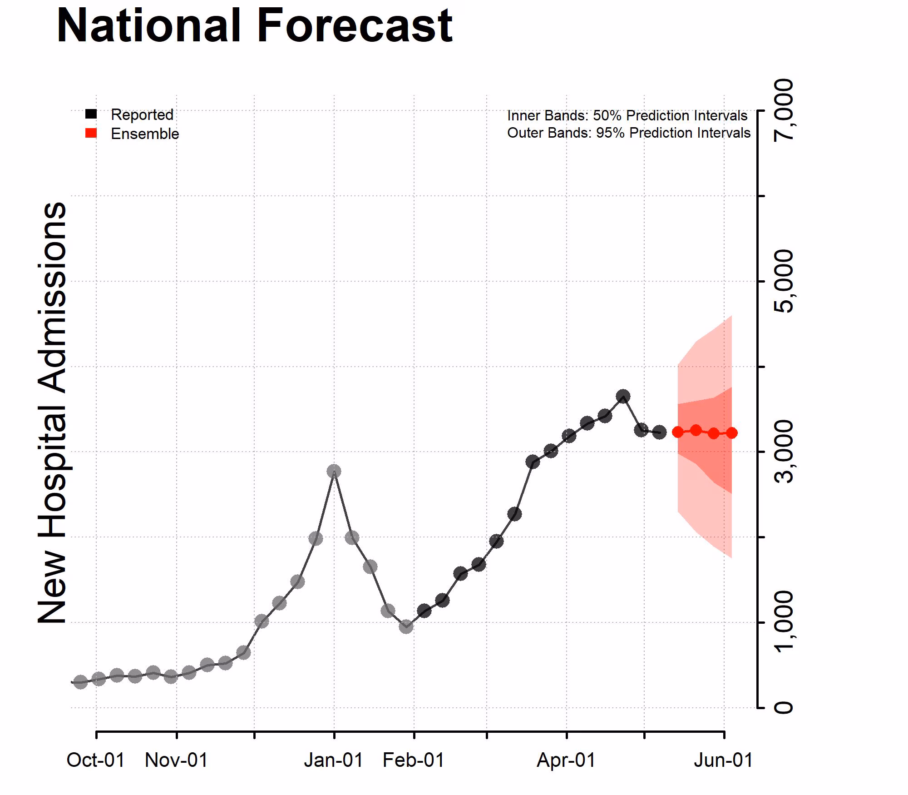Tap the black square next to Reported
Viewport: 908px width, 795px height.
[x=91, y=114]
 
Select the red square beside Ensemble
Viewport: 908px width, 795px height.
[x=91, y=133]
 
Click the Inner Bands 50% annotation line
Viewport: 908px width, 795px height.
[x=627, y=116]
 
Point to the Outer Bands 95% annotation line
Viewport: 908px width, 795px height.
[x=629, y=133]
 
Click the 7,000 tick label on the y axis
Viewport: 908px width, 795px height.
[x=784, y=110]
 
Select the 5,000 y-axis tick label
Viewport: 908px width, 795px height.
[x=784, y=281]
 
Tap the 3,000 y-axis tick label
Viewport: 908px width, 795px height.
[x=784, y=452]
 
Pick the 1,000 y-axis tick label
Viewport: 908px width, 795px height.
[x=784, y=622]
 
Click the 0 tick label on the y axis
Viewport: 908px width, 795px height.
[x=784, y=707]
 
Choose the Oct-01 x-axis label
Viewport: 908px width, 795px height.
[x=95, y=760]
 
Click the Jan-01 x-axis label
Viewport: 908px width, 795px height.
[x=334, y=760]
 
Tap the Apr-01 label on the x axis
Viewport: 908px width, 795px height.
[x=566, y=760]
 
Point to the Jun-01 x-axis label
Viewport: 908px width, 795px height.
[x=723, y=760]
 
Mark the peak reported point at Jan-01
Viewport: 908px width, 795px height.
[x=334, y=471]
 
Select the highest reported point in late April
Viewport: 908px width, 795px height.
[x=623, y=396]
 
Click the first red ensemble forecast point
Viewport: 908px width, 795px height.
[x=678, y=432]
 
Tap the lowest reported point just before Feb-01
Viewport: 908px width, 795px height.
[x=406, y=626]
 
